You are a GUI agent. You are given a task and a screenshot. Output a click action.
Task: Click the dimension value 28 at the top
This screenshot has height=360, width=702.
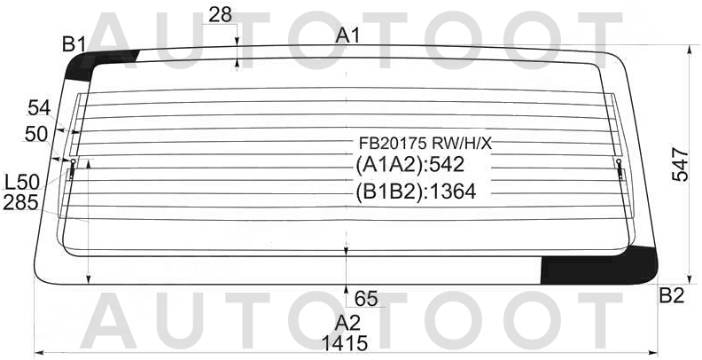221,15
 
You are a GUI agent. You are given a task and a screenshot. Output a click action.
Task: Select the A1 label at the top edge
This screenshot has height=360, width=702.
347,35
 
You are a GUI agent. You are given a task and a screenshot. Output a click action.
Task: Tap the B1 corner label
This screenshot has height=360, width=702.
74,44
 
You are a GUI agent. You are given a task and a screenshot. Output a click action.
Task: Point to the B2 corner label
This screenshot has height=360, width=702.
672,295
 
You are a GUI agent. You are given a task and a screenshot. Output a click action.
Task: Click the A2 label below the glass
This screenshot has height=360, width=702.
347,323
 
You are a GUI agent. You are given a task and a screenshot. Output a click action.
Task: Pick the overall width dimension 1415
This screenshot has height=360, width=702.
345,343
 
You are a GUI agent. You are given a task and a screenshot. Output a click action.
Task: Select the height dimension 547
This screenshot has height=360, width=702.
680,164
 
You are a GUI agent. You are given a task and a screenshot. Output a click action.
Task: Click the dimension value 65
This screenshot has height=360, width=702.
366,298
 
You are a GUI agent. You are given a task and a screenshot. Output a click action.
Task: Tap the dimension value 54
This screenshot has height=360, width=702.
39,109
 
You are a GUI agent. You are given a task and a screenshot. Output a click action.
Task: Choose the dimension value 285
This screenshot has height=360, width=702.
20,203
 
